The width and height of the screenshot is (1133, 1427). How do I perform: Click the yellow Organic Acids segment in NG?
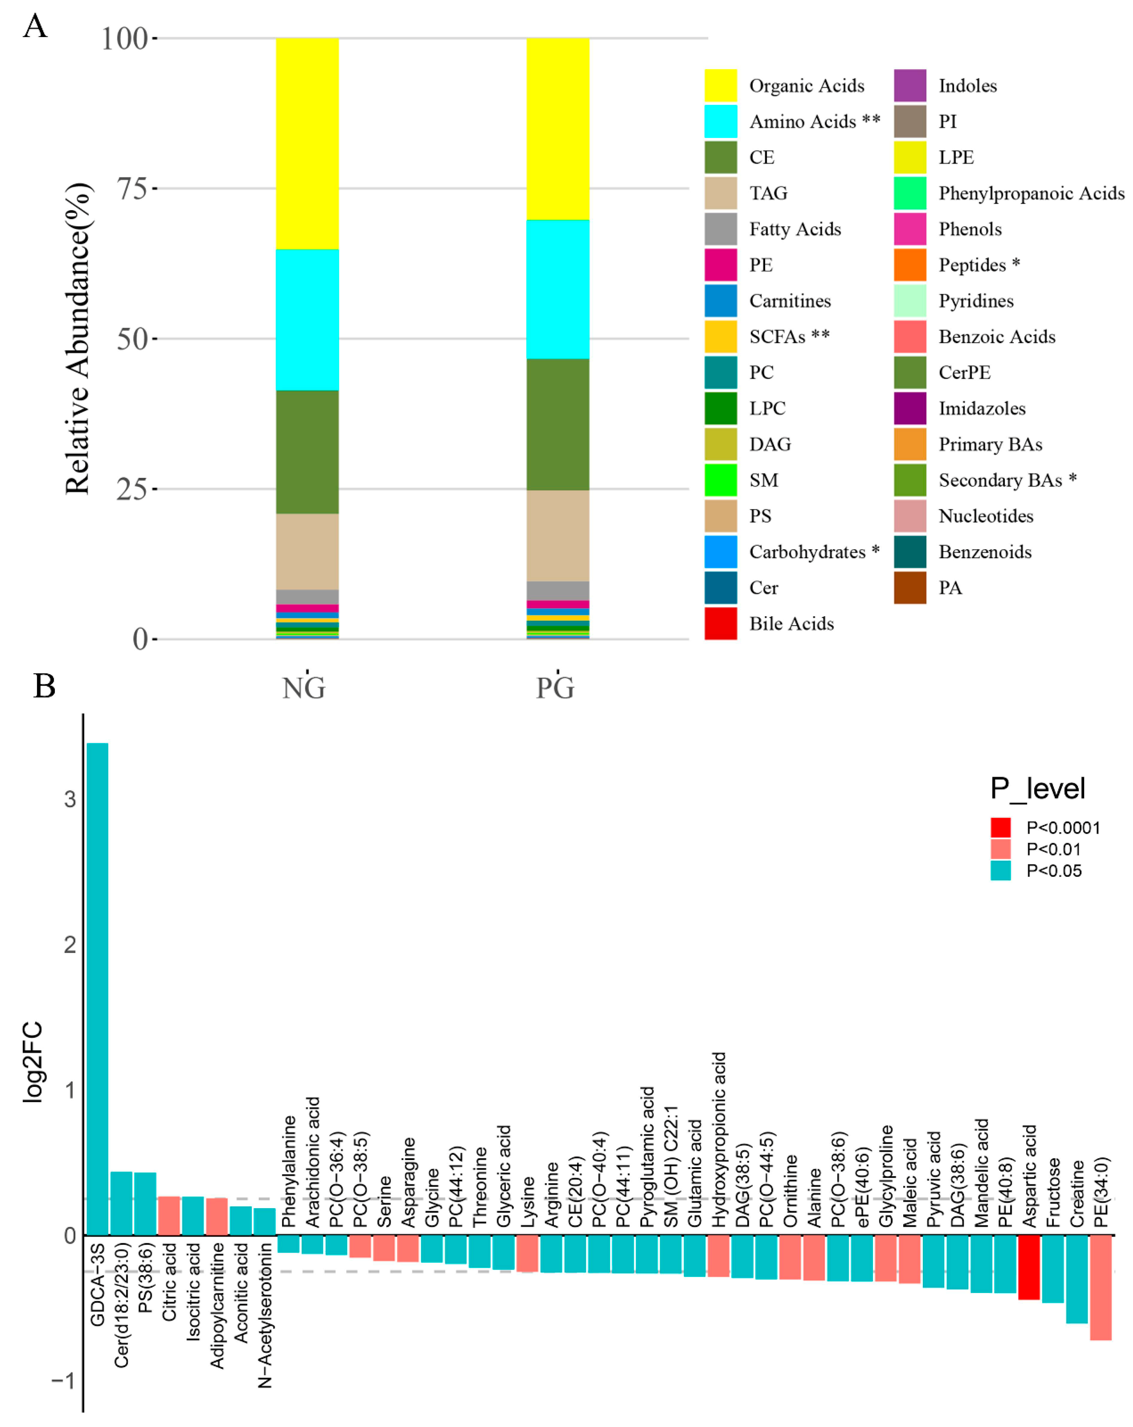(307, 144)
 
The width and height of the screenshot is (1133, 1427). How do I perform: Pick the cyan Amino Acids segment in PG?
(557, 289)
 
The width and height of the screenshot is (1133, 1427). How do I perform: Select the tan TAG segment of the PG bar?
(557, 535)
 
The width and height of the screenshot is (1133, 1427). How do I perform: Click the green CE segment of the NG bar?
(307, 452)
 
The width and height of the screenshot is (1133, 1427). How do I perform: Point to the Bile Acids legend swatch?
(720, 623)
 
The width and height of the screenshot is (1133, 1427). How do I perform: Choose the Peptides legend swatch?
(909, 265)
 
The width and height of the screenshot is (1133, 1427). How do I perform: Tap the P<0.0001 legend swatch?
(1000, 827)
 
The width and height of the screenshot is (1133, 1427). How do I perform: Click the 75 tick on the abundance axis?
(132, 189)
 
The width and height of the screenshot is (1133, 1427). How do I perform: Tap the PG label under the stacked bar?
(555, 688)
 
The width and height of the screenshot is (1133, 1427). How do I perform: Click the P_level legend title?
(1037, 788)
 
